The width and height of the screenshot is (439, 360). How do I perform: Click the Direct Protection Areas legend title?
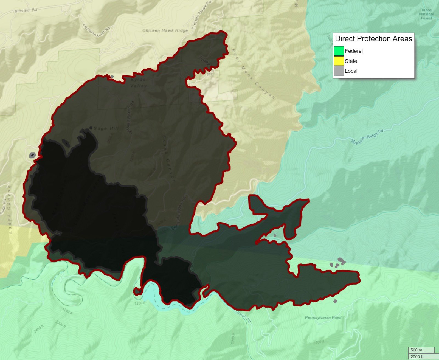[x=373, y=39]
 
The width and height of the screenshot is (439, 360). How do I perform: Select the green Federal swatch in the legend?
[x=339, y=51]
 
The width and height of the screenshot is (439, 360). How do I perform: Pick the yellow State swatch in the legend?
[x=339, y=61]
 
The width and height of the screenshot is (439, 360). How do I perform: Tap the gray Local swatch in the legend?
[x=339, y=71]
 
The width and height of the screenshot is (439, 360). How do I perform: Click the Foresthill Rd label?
[x=25, y=10]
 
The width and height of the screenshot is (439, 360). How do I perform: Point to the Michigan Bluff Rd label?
[x=96, y=30]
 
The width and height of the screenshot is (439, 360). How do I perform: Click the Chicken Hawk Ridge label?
[x=165, y=30]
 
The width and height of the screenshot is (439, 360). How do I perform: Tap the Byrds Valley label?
[x=138, y=83]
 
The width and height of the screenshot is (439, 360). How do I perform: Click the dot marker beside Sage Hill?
[x=91, y=128]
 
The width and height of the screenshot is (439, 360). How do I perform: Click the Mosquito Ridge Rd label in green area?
[x=367, y=136]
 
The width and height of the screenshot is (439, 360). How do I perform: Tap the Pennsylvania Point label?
[x=323, y=317]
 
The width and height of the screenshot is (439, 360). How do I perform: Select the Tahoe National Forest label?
[x=426, y=14]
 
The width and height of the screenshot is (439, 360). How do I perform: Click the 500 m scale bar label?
[x=416, y=350]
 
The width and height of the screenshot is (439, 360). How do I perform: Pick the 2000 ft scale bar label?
[x=417, y=356]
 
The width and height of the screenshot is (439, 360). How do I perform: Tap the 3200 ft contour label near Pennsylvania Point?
[x=319, y=342]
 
